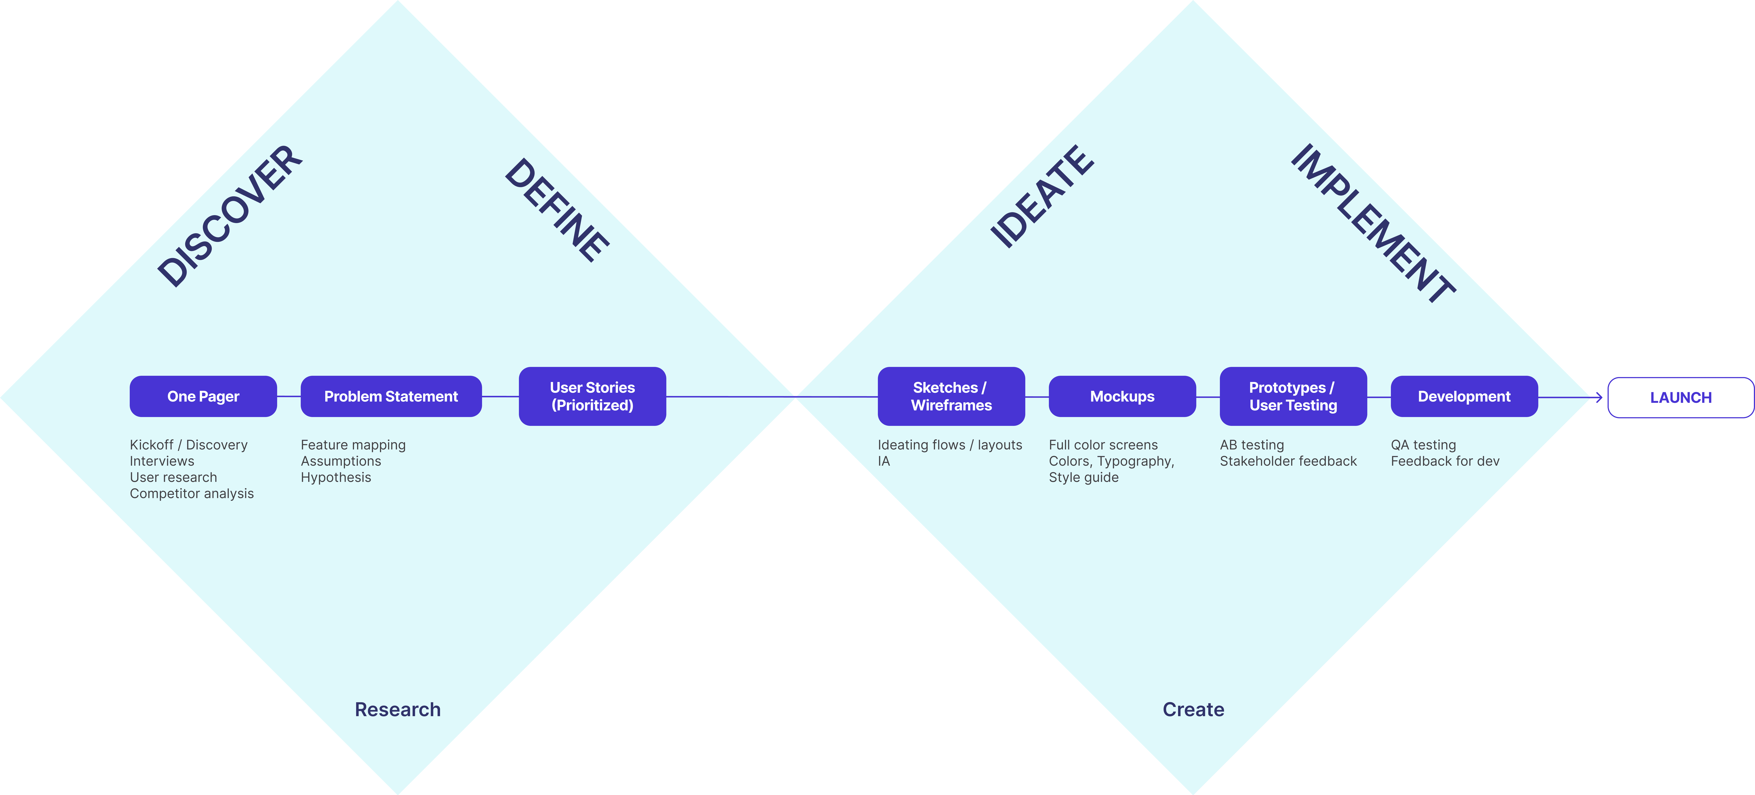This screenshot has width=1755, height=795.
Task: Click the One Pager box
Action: click(x=203, y=396)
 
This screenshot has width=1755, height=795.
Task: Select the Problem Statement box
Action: click(x=391, y=396)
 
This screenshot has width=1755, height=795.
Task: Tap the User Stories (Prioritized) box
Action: click(x=592, y=396)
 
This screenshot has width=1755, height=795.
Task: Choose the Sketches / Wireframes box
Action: click(x=951, y=396)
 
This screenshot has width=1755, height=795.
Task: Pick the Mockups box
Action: click(x=1122, y=396)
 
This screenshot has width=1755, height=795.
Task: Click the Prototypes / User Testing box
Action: click(x=1293, y=396)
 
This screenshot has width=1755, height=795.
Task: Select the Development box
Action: click(x=1464, y=396)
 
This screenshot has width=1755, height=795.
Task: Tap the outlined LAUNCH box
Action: click(x=1681, y=397)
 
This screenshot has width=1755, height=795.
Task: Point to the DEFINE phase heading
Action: click(x=557, y=210)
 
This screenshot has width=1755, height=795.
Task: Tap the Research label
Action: click(x=398, y=710)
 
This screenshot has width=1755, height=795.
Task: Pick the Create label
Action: click(x=1193, y=710)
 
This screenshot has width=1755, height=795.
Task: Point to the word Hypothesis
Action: click(x=336, y=478)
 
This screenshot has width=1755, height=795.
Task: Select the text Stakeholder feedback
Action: click(x=1288, y=461)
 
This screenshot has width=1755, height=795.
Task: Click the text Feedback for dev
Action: click(x=1445, y=461)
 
